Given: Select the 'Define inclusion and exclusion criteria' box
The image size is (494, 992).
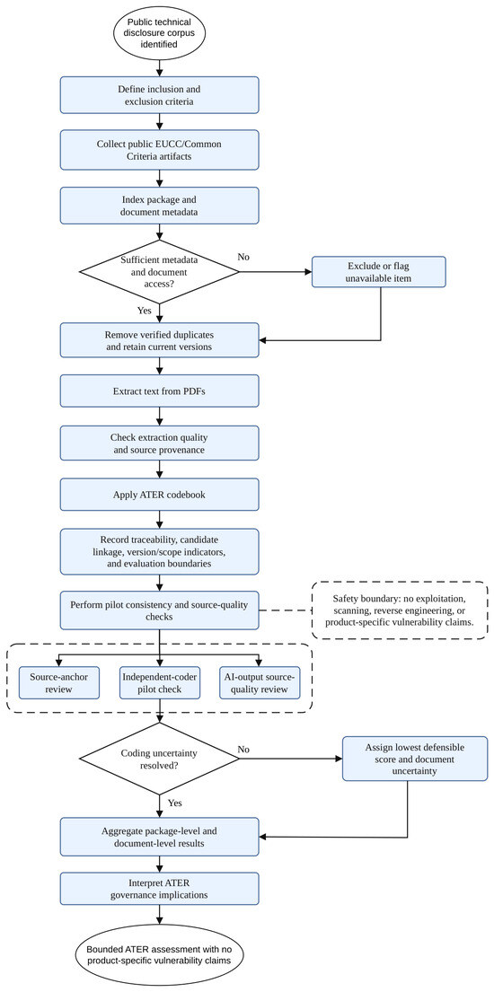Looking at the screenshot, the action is point(159,95).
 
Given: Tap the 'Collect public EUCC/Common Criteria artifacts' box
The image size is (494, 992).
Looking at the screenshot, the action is point(159,149).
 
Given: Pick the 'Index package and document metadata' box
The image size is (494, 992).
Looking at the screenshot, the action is point(159,205).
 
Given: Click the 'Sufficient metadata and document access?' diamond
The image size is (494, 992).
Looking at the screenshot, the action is point(159,271).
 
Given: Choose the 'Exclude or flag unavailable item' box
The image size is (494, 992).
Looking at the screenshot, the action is point(379,273).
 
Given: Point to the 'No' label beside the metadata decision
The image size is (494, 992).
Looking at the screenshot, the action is point(243,257).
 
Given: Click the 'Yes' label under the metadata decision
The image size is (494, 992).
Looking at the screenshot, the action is point(144,311).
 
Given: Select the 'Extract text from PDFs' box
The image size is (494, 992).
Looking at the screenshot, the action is point(159,391).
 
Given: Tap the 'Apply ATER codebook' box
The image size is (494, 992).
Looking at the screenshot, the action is point(159,495).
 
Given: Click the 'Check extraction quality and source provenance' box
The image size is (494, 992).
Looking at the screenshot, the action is point(159,443).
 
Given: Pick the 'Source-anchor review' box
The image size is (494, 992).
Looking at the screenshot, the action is point(59,681).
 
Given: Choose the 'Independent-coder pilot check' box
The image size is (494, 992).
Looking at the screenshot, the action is point(159,681).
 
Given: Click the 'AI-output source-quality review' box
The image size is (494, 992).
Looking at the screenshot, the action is point(260,681).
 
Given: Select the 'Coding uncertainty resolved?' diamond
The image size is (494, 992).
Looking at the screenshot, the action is point(159,758).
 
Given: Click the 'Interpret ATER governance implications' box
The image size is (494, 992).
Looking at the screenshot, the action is point(159,888).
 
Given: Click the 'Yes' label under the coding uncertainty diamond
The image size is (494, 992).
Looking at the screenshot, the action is point(175,803).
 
